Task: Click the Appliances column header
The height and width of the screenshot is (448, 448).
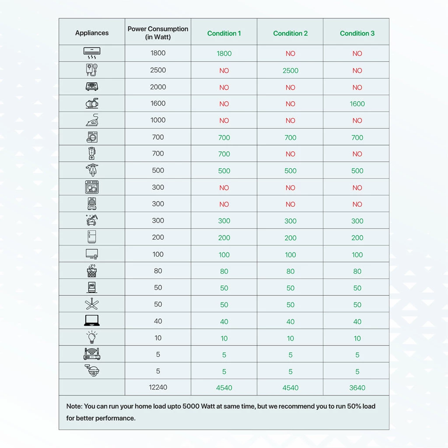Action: pyautogui.click(x=92, y=33)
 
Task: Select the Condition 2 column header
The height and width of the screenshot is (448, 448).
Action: pyautogui.click(x=290, y=33)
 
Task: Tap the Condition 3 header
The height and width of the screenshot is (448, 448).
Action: pyautogui.click(x=357, y=33)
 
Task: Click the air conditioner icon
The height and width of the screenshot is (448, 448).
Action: pyautogui.click(x=92, y=53)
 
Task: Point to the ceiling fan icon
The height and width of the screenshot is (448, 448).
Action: pyautogui.click(x=92, y=304)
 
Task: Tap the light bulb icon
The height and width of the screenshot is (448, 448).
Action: pyautogui.click(x=92, y=338)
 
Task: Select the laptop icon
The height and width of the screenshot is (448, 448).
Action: pyautogui.click(x=92, y=321)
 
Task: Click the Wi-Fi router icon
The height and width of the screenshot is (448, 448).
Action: pyautogui.click(x=92, y=354)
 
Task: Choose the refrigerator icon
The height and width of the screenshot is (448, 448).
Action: pyautogui.click(x=92, y=237)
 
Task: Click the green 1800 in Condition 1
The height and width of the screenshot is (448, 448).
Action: pyautogui.click(x=224, y=54)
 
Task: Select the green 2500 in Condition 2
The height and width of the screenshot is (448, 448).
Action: pyautogui.click(x=290, y=70)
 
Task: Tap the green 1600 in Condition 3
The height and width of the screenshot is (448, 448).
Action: pyautogui.click(x=357, y=104)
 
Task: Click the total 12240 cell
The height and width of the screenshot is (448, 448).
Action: pyautogui.click(x=158, y=387)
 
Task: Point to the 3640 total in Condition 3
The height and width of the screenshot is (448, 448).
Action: pyautogui.click(x=357, y=388)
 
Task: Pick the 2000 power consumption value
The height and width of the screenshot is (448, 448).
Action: pyautogui.click(x=158, y=87)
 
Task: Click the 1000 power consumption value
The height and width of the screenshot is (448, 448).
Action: pyautogui.click(x=158, y=120)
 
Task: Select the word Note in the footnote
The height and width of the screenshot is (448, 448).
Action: pyautogui.click(x=74, y=406)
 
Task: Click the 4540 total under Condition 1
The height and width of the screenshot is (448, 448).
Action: pyautogui.click(x=224, y=388)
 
